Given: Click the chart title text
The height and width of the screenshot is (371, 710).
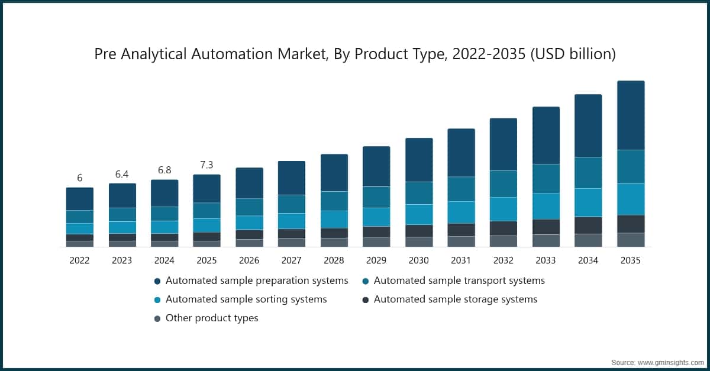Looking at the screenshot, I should click(355, 54).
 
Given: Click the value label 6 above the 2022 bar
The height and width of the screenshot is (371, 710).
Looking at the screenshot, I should click(79, 178).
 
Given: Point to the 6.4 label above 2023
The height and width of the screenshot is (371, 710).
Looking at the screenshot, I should click(122, 174).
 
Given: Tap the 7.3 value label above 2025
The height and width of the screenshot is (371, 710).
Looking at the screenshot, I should click(206, 165).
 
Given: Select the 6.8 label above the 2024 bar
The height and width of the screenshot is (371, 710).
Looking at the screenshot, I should click(164, 170).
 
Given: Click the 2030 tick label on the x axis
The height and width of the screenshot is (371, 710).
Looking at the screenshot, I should click(418, 260).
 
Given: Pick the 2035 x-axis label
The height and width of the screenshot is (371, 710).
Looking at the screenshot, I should click(631, 260).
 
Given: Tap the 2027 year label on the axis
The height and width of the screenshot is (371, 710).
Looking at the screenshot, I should click(291, 260).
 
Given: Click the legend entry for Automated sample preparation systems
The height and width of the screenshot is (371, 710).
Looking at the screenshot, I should click(256, 280).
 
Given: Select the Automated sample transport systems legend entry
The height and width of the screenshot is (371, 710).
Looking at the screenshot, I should click(459, 280).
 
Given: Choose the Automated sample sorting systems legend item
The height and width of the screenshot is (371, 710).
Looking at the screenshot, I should click(246, 299).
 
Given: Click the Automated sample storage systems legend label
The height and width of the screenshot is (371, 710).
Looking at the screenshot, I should click(455, 299).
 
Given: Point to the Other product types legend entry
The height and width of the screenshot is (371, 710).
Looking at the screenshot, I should click(211, 318).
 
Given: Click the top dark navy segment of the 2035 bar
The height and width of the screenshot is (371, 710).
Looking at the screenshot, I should click(631, 115).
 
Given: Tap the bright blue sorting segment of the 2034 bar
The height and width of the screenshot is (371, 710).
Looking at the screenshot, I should click(588, 202).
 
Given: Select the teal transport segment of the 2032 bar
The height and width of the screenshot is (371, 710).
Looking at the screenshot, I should click(504, 184).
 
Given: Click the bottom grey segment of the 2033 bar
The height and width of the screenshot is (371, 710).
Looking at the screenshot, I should click(546, 240).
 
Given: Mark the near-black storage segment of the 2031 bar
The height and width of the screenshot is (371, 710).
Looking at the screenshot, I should click(461, 230).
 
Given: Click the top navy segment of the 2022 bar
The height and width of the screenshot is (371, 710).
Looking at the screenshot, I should click(79, 199).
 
